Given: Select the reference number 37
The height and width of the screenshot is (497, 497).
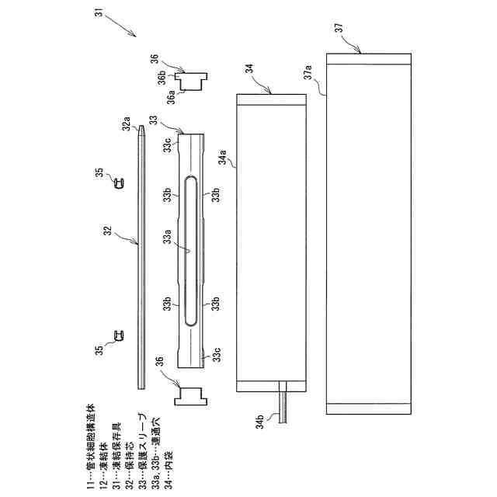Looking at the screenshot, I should point(339,28).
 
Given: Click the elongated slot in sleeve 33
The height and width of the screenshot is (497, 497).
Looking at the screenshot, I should point(191,249).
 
